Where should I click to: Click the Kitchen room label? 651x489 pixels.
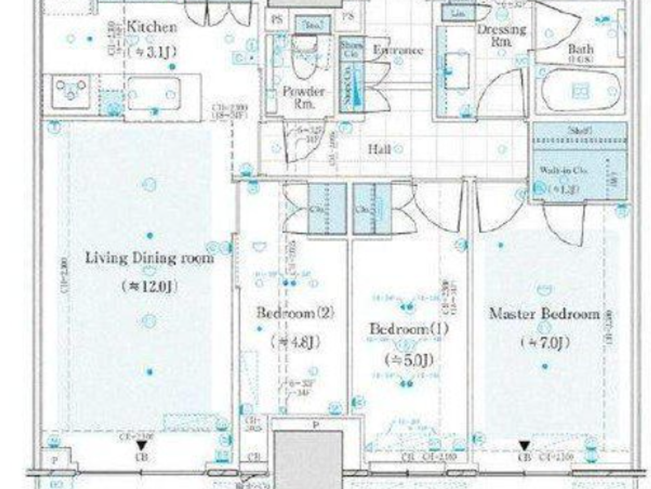(152, 27)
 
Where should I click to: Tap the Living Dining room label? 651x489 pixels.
(149, 258)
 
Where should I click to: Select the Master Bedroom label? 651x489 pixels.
(544, 313)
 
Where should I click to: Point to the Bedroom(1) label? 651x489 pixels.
(409, 329)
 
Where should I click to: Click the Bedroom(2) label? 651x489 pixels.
(295, 312)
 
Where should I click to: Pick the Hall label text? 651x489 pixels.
(379, 149)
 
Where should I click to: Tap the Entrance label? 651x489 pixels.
(398, 50)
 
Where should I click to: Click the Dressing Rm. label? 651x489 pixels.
(501, 35)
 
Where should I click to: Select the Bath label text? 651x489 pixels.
(580, 49)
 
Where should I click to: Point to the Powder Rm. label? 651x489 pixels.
(304, 97)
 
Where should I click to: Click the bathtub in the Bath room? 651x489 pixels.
(581, 91)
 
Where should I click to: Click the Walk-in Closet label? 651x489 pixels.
(563, 170)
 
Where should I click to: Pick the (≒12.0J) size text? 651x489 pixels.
(149, 286)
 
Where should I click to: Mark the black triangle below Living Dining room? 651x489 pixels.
(141, 446)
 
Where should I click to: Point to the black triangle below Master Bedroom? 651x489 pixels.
(524, 446)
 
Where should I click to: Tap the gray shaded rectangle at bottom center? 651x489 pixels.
(308, 459)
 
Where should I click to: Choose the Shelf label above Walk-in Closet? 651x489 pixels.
(580, 130)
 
